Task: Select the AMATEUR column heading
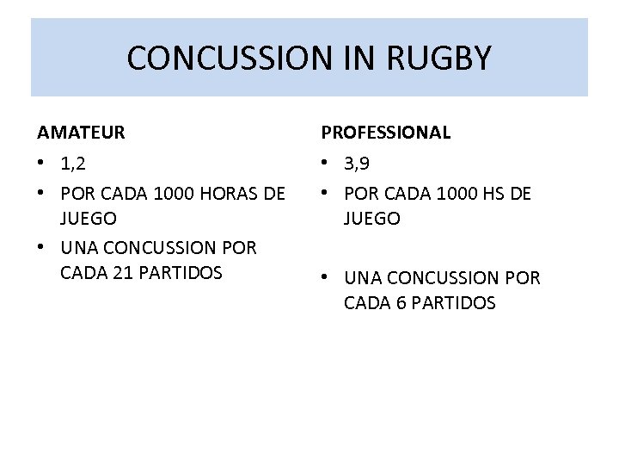coord(81,133)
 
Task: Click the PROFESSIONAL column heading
coord(385,133)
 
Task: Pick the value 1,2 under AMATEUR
coord(73,164)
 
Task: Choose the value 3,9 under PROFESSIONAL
coord(358,164)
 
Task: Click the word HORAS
coord(225,194)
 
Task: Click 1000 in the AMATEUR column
coord(168,194)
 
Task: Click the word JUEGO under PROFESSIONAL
coord(372,219)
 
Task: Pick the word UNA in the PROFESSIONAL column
coord(364,279)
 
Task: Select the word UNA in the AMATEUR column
coord(81,248)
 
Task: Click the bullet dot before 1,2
coord(42,164)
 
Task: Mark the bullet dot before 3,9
coord(326,164)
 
